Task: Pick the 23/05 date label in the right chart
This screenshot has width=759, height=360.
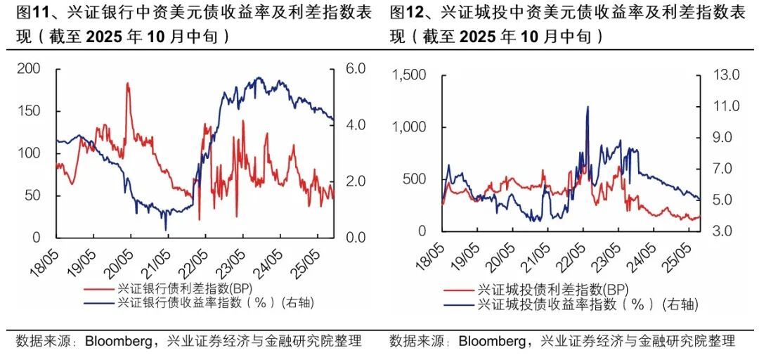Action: (607, 259)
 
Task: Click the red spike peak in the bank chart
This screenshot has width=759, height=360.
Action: (127, 84)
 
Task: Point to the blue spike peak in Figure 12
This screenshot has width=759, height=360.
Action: (586, 108)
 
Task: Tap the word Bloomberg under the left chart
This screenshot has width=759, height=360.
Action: (118, 342)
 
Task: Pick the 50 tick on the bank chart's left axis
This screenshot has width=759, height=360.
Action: (32, 195)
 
